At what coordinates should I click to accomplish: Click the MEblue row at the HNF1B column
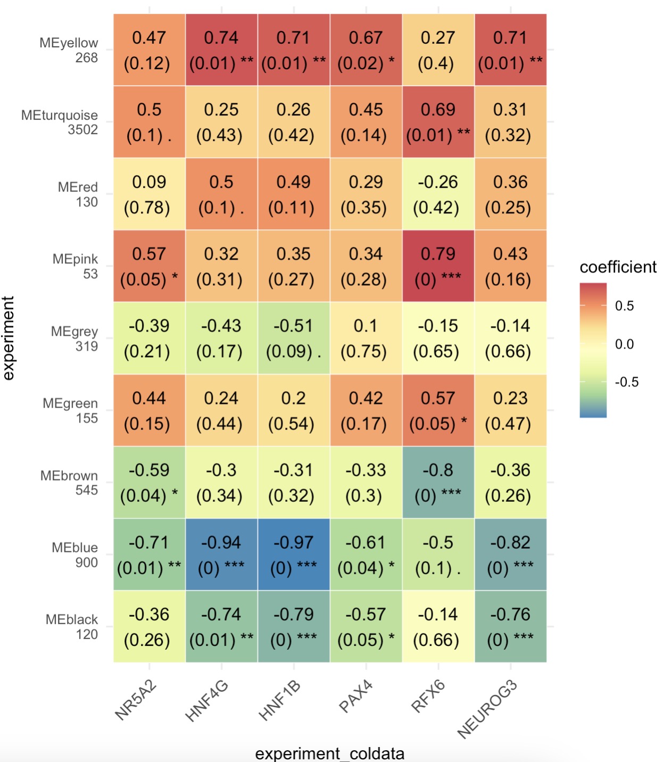point(294,554)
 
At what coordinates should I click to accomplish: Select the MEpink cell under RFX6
point(438,266)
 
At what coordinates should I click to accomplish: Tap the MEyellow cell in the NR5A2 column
point(149,50)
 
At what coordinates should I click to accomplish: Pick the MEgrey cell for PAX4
point(366,338)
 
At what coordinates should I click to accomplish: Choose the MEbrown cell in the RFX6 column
point(438,482)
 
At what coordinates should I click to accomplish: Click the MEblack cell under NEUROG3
point(510,627)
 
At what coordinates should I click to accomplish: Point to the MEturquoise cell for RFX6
point(438,122)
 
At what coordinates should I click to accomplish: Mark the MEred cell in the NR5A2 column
point(149,194)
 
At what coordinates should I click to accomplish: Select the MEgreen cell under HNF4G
point(221,410)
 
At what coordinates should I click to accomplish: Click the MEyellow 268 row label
point(69,50)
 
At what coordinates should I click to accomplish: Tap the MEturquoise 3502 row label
point(60,122)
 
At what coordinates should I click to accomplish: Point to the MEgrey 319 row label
point(74,339)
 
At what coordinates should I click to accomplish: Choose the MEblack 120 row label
point(72,627)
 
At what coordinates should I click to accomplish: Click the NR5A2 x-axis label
point(136,700)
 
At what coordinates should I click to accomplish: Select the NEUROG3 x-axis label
point(487,709)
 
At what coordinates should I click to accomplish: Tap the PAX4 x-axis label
point(355,696)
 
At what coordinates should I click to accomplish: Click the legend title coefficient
point(618,267)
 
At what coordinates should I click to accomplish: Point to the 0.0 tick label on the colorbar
point(624,344)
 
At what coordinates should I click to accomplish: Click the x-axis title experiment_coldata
point(330,753)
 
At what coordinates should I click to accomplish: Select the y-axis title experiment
point(9,338)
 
